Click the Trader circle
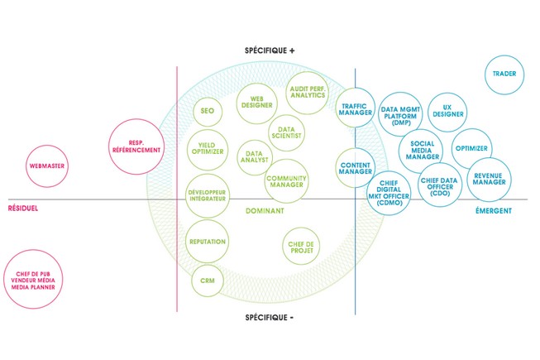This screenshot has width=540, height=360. point(504,74)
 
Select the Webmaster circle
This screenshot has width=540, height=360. point(47,166)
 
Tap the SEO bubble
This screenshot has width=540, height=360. point(208,110)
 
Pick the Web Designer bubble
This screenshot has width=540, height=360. point(256,102)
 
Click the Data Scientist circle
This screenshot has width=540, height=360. point(287,132)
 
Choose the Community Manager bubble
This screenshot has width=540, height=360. point(287,180)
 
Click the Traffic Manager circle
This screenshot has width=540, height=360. point(357,108)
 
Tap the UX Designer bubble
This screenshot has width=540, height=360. point(449,112)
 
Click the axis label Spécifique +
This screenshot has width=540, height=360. point(270,50)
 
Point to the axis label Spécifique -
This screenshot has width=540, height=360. point(270,317)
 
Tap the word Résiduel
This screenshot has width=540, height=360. point(23,210)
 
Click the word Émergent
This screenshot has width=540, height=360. point(494,211)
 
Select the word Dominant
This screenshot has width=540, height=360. point(265,212)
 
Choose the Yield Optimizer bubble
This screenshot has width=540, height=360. point(208,144)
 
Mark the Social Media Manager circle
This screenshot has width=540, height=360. point(422,150)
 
